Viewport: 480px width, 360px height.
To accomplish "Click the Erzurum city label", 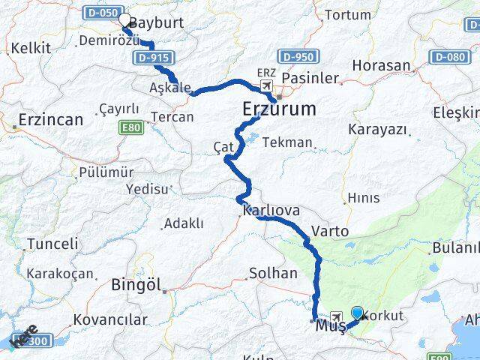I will (279, 109).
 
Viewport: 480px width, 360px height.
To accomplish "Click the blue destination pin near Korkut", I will (357, 314).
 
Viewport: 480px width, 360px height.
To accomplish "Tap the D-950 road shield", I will (297, 55).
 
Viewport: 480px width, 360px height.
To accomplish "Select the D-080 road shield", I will (449, 57).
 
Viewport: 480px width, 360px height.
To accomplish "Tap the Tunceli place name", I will (52, 244).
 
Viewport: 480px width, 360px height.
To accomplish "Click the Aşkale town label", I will (170, 86).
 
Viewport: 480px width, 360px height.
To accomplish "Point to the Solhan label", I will (272, 273).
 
